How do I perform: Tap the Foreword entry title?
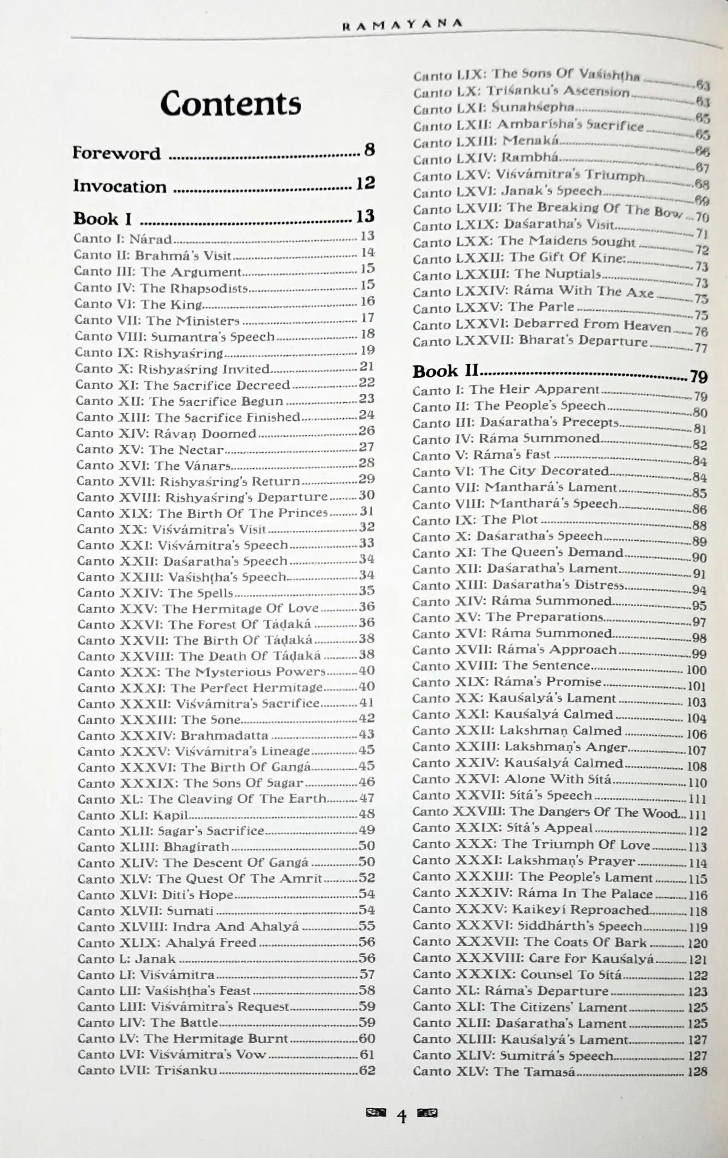117,153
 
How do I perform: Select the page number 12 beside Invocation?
365,183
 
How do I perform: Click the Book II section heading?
446,371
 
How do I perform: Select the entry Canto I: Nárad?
123,239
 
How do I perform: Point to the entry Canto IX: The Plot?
475,521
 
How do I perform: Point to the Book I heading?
102,219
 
